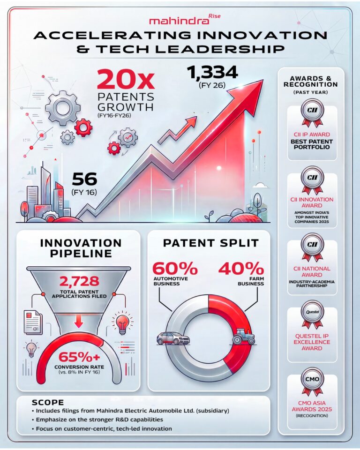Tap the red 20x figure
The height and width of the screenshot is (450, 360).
click(125, 81)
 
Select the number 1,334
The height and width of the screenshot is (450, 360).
click(212, 73)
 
